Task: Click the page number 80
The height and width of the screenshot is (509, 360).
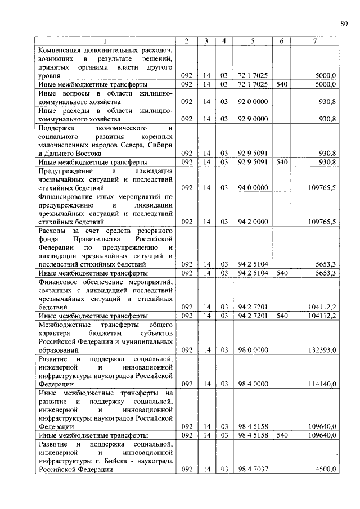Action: (x=344, y=23)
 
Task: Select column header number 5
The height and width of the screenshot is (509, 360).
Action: (x=253, y=41)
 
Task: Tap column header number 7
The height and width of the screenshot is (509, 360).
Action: (x=314, y=41)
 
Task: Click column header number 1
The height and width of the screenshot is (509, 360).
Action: (x=104, y=41)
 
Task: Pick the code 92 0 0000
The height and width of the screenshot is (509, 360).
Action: (x=253, y=102)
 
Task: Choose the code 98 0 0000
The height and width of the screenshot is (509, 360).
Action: (x=253, y=349)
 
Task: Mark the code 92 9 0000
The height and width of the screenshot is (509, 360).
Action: (x=253, y=119)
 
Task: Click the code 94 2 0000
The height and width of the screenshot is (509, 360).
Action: (x=253, y=222)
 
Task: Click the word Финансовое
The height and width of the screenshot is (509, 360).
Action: (x=59, y=281)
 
